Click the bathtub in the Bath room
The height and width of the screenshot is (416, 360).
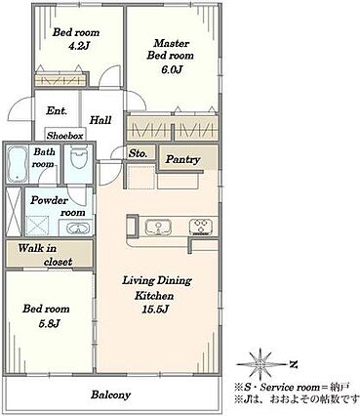coord(17,164)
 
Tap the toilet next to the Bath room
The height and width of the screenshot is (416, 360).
coord(78,157)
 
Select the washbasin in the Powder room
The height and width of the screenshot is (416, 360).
coord(78,229)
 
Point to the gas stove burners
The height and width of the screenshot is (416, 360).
coord(201,227)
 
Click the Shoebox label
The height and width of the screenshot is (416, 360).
coord(64,136)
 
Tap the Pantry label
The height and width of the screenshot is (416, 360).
coord(182,159)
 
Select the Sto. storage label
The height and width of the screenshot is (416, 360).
coord(138,153)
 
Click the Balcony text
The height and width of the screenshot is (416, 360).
coord(110,395)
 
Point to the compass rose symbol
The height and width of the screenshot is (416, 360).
coord(260,364)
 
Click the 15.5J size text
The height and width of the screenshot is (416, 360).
coord(154,310)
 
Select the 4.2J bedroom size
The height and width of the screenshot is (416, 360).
coord(78,46)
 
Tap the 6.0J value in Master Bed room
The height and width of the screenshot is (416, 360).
coord(170,69)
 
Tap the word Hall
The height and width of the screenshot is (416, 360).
coord(100,120)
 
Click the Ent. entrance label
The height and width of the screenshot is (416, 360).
coord(57,111)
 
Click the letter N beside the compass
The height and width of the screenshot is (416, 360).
coord(294,364)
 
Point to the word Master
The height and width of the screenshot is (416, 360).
coord(171,43)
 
